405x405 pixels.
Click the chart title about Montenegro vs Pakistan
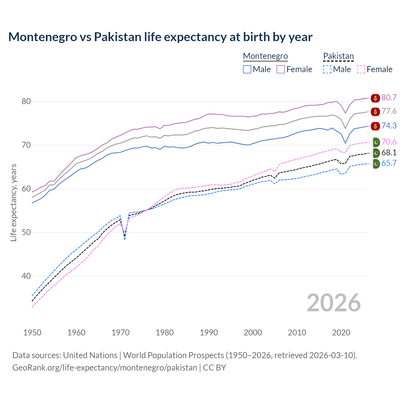point(160,37)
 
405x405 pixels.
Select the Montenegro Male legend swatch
point(247,69)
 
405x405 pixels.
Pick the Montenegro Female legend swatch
point(281,69)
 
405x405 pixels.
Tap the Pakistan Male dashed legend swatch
point(327,69)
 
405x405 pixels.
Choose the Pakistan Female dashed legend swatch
point(361,69)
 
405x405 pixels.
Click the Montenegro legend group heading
point(265,56)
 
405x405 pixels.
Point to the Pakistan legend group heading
point(338,56)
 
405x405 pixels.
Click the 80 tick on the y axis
point(26,102)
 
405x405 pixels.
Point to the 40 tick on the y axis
point(26,276)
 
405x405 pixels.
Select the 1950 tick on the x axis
point(32,333)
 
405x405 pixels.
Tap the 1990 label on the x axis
point(209,333)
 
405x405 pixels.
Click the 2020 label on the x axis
point(341,333)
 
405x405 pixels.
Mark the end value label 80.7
point(389,97)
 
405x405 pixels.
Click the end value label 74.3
point(389,126)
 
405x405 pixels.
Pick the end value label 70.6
point(389,142)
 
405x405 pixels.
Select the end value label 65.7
point(389,163)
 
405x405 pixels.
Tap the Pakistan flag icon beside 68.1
point(376,153)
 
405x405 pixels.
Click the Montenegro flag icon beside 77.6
point(375,111)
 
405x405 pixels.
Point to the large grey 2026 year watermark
point(333,303)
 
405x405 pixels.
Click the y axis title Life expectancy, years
point(14,202)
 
